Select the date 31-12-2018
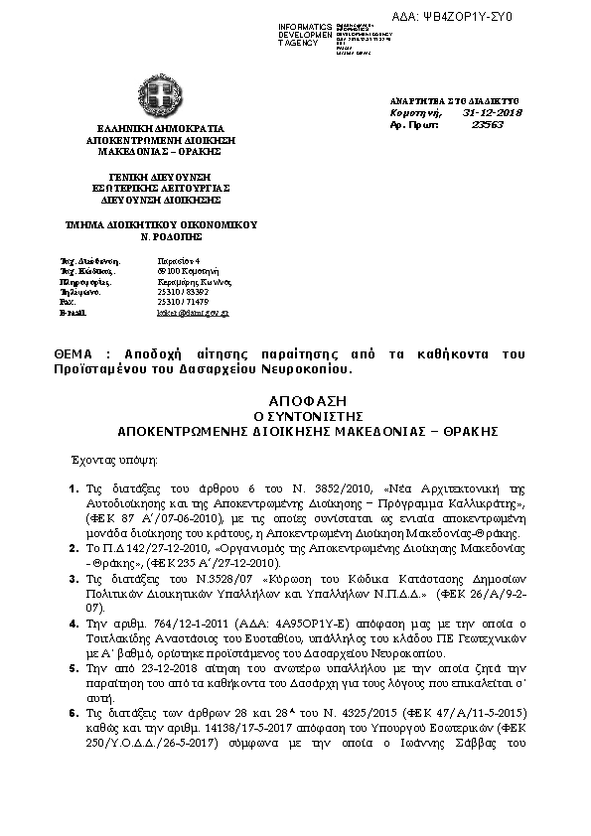(493, 113)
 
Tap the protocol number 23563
(488, 125)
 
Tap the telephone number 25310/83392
(179, 292)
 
